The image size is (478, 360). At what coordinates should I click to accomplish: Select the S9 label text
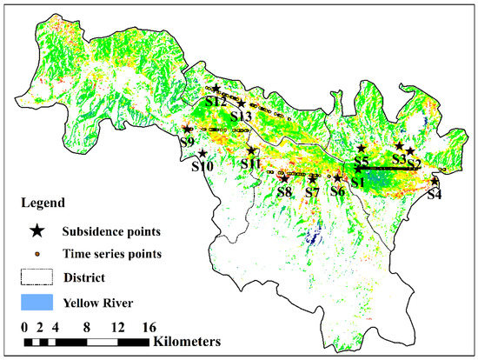coord(186,143)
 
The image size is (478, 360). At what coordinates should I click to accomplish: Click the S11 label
coord(250,163)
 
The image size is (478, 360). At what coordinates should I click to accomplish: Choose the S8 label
coord(283,191)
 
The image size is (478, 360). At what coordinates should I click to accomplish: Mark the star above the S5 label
coord(362,149)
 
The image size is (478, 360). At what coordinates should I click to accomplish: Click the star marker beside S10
coord(202,153)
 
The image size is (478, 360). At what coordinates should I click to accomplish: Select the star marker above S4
coord(435,181)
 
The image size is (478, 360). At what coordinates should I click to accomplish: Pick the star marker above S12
coord(216,89)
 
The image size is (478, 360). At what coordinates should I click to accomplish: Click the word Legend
coord(43,203)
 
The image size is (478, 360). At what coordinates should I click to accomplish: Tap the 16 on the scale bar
coord(148,327)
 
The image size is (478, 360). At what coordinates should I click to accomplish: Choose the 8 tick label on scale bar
coord(86,327)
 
